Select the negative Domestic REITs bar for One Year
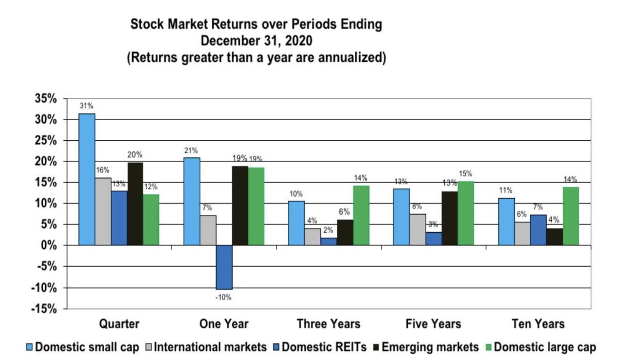pos(224,267)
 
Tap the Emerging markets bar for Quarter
pos(135,204)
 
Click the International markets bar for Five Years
pos(417,230)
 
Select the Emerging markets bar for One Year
pos(239,205)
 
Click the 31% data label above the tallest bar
pos(87,106)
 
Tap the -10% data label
pos(224,297)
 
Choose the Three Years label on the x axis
pos(329,324)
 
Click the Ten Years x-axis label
pos(538,324)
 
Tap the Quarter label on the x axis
pos(119,324)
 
